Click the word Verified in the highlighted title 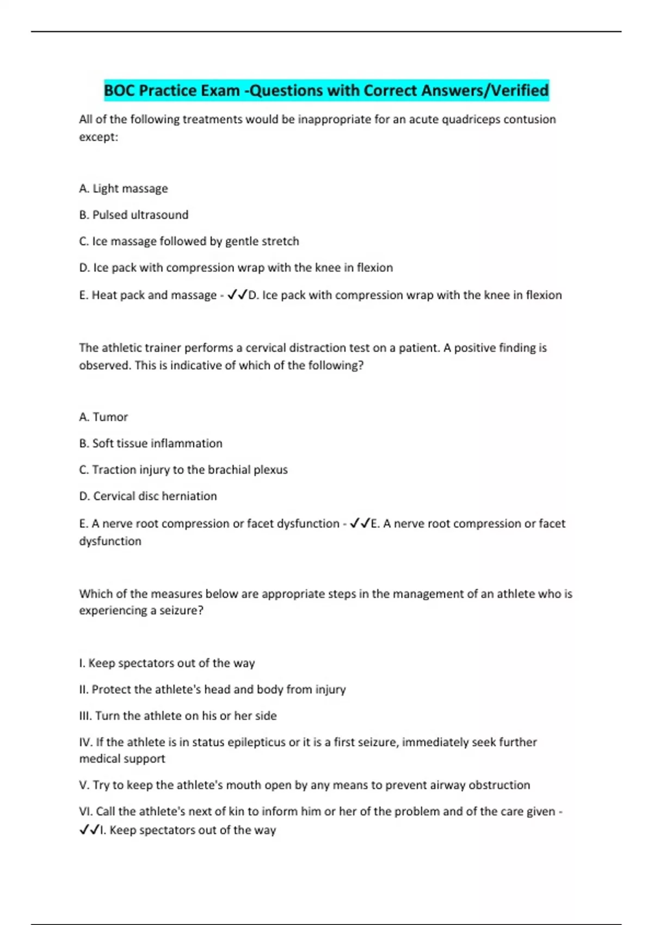(520, 90)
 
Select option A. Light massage (124, 189)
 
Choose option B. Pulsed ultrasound (134, 215)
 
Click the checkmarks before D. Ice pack (237, 295)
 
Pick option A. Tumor (103, 417)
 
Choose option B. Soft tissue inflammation (151, 443)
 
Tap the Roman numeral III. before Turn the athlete (85, 716)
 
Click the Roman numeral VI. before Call (86, 812)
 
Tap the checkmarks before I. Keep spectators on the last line (89, 830)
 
